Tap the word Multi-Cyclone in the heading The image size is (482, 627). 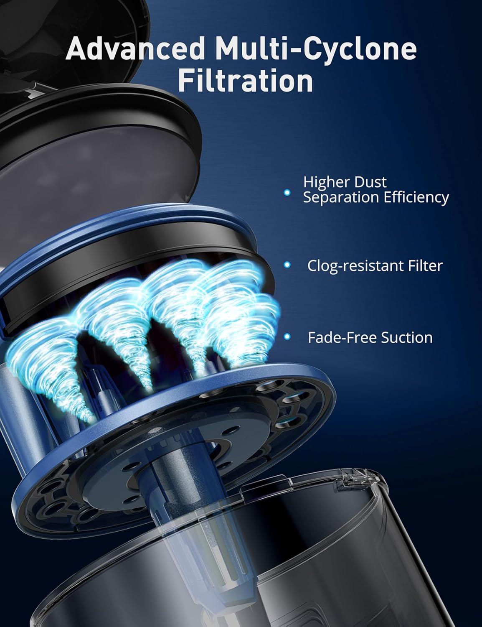[x=317, y=50]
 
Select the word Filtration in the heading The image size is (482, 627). [x=246, y=82]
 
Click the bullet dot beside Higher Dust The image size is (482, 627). [x=287, y=192]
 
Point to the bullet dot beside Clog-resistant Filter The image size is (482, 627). [x=287, y=265]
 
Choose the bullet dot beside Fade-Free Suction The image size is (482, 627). [x=287, y=336]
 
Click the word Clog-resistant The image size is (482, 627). [x=349, y=266]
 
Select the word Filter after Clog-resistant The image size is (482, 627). [x=419, y=266]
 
